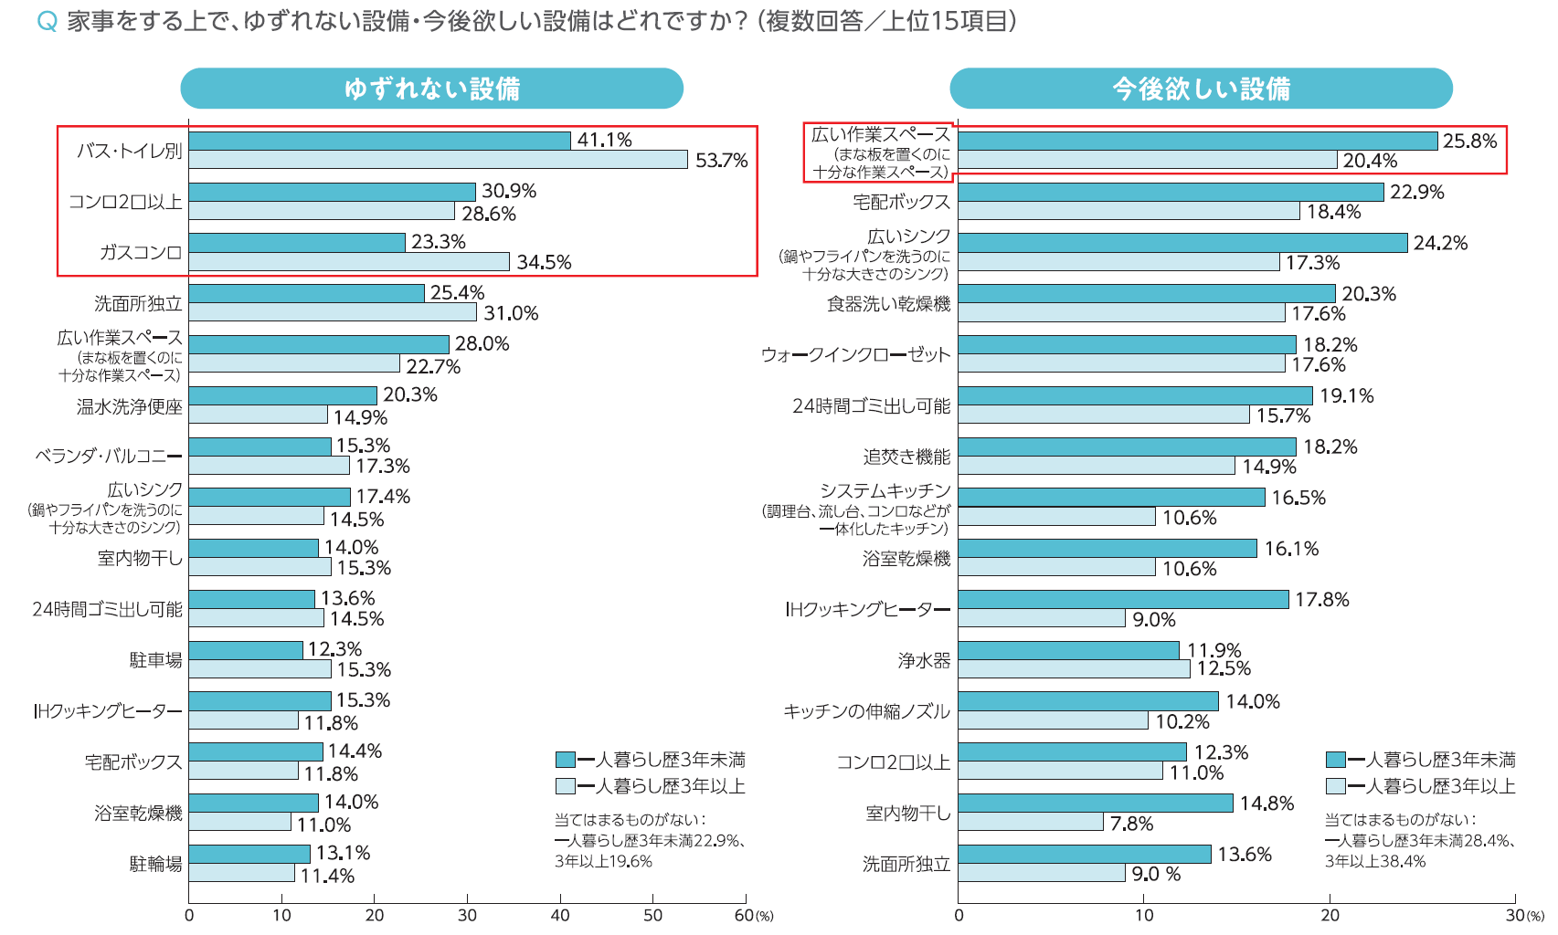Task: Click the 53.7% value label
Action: (721, 161)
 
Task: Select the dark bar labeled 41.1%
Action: (379, 141)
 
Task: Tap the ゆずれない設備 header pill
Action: (431, 89)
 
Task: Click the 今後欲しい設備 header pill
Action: (1201, 89)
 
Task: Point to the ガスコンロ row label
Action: (141, 252)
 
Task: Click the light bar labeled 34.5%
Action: (349, 262)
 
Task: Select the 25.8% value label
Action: (1469, 142)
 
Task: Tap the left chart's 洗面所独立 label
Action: (138, 303)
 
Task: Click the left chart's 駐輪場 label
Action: (155, 864)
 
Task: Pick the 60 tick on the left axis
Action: (744, 915)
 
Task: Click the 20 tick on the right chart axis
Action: (1330, 915)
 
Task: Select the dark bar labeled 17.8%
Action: (1123, 600)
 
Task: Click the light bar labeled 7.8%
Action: (1031, 823)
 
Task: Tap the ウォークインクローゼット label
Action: (855, 354)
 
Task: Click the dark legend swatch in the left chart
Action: (565, 760)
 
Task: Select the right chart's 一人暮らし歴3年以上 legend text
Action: (1431, 786)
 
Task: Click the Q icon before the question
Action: (47, 22)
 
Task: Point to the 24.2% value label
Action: (1440, 243)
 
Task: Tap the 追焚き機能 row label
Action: (906, 457)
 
